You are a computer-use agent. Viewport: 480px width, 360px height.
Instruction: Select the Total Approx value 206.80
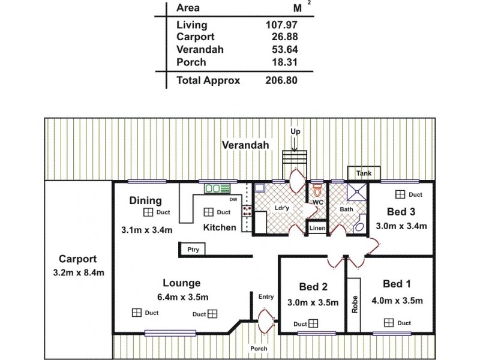point(281,80)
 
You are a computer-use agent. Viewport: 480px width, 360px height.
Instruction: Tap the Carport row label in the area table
point(196,37)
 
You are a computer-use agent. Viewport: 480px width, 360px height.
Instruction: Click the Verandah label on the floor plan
point(244,145)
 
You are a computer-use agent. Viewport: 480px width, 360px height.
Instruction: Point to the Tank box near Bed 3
point(364,173)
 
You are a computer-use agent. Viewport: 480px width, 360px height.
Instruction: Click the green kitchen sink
point(214,189)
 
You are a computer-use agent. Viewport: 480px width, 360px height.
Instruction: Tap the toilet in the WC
point(317,191)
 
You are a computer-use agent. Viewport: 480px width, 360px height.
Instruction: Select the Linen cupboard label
point(317,229)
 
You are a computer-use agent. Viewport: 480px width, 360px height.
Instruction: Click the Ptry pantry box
point(193,249)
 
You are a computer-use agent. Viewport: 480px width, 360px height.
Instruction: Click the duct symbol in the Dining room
point(147,212)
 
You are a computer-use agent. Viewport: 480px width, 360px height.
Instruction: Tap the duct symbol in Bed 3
point(400,194)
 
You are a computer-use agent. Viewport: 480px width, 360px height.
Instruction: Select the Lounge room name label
point(181,283)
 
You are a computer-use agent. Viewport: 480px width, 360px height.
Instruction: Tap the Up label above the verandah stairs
point(295,131)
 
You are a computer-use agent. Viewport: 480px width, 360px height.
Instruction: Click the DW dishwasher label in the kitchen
point(233,200)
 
